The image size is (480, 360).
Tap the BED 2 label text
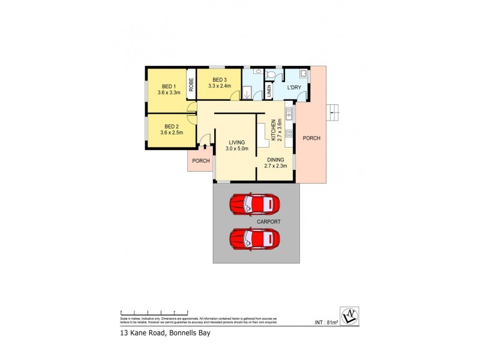pyautogui.click(x=172, y=127)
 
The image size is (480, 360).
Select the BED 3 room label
pyautogui.click(x=219, y=80)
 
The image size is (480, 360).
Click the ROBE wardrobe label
pyautogui.click(x=191, y=85)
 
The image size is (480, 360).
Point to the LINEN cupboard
pyautogui.click(x=269, y=91)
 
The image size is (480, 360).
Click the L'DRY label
pyautogui.click(x=294, y=88)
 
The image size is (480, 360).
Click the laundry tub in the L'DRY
pyautogui.click(x=304, y=74)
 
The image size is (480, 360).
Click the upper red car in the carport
pyautogui.click(x=254, y=204)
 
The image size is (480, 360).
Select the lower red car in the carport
pyautogui.click(x=254, y=239)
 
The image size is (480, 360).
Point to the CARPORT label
pyautogui.click(x=268, y=221)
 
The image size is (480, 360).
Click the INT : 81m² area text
pyautogui.click(x=326, y=323)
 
